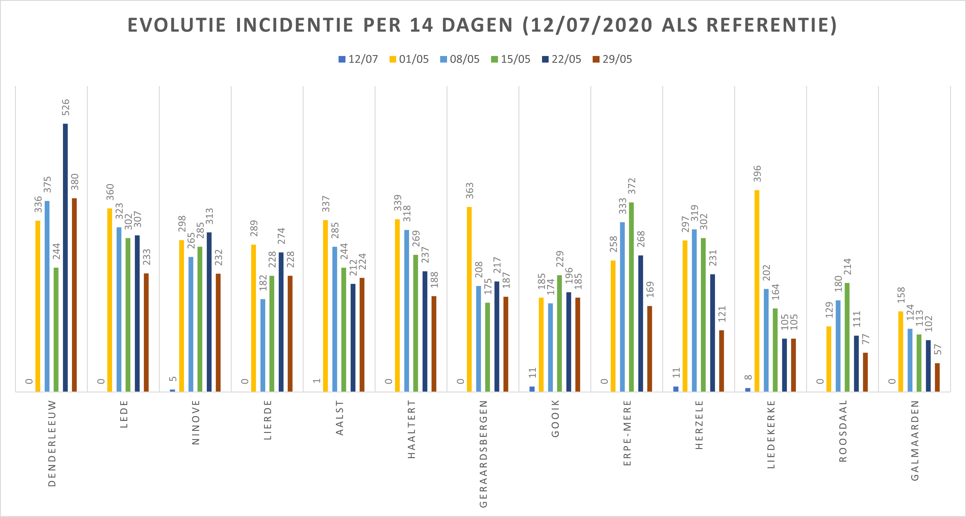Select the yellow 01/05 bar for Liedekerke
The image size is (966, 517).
point(757,291)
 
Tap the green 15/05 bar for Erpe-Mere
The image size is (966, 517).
point(632,297)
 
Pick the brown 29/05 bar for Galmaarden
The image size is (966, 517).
point(937,377)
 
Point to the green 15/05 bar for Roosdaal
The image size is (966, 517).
point(847,337)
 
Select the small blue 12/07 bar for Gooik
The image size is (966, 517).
point(532,389)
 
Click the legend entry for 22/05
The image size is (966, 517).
point(562,59)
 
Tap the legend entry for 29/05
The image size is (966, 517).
point(612,59)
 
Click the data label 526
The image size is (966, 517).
point(66,107)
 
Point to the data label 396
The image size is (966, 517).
point(757,173)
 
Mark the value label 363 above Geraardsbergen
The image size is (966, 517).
point(470,191)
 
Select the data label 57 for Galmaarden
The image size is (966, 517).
point(938,349)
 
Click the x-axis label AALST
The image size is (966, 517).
point(339,418)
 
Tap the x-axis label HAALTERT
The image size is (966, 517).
point(411,429)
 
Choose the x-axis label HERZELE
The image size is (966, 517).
point(699,425)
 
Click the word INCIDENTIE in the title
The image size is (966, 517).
point(294,25)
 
